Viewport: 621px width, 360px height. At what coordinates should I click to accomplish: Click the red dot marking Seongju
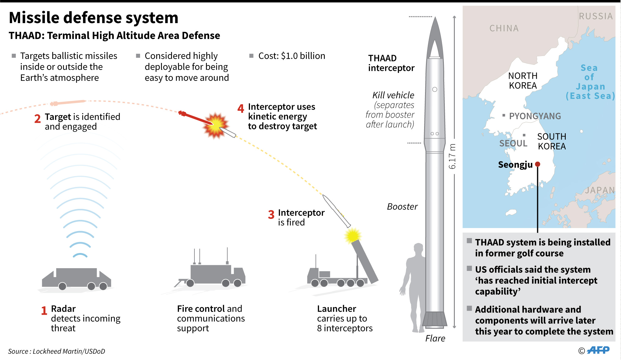tap(537, 164)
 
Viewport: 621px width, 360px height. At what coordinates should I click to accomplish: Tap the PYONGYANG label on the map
tap(535, 116)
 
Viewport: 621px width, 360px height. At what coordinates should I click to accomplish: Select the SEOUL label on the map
tap(513, 143)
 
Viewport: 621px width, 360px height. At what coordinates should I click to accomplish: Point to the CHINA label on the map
tap(504, 28)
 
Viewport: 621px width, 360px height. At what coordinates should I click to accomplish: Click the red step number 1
tap(44, 310)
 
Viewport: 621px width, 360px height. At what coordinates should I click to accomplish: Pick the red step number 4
tap(241, 109)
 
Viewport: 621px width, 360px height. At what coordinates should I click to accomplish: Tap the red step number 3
tap(271, 215)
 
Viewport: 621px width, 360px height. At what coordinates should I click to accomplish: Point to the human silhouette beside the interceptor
tap(413, 286)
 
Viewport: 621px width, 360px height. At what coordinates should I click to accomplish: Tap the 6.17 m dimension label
tap(452, 156)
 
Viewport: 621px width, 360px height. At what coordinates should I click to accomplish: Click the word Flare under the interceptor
tap(435, 338)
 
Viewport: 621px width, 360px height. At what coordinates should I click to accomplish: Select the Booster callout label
tap(402, 207)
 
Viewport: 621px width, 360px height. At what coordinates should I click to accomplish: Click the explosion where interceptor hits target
tap(215, 125)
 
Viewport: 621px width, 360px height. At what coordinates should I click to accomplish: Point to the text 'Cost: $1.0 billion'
tap(291, 56)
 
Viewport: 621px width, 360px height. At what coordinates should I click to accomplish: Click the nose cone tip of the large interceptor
tap(435, 19)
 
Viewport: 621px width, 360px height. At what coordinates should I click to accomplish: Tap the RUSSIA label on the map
tap(595, 16)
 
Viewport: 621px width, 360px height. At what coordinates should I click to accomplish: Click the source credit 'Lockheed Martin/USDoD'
tap(69, 351)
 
